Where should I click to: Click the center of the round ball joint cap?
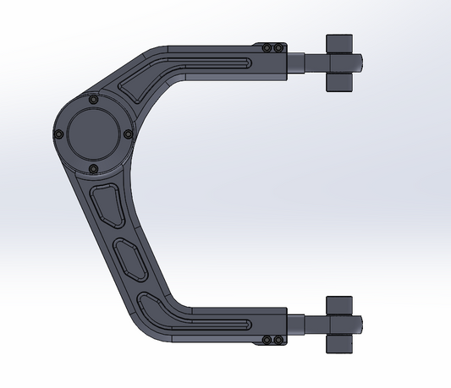pyautogui.click(x=93, y=134)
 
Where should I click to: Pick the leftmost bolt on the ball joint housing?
pyautogui.click(x=58, y=134)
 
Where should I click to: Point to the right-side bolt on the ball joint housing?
pyautogui.click(x=128, y=134)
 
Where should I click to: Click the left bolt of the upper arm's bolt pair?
pyautogui.click(x=268, y=48)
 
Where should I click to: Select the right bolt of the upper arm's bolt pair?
pyautogui.click(x=278, y=48)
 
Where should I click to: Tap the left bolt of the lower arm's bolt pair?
pyautogui.click(x=267, y=341)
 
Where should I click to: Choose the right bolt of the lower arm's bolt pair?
pyautogui.click(x=278, y=341)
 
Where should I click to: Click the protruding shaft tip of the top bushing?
pyautogui.click(x=359, y=63)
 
